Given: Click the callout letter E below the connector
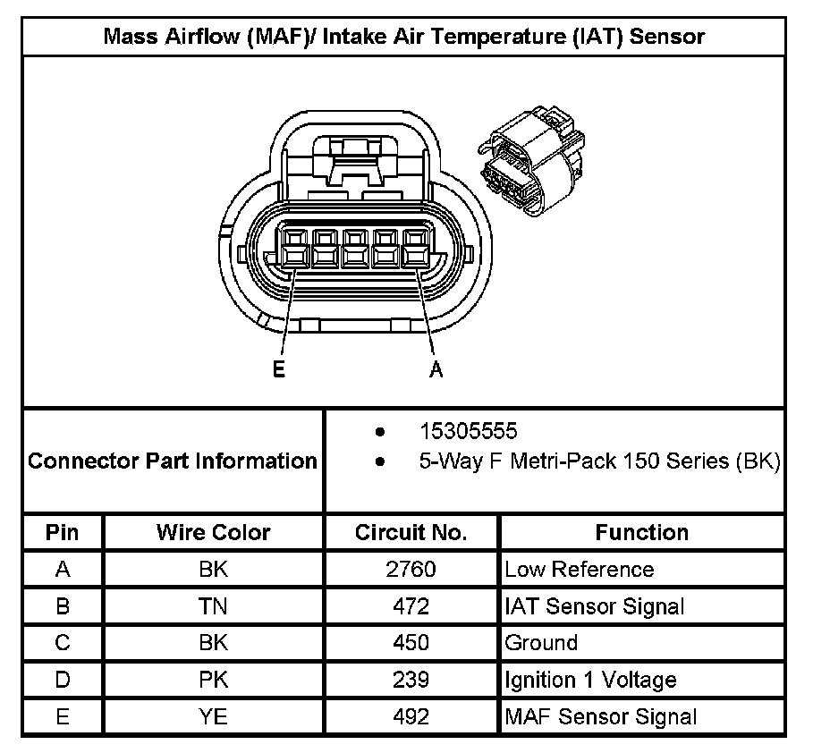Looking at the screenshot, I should click(279, 369).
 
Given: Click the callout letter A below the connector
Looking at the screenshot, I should click(436, 369).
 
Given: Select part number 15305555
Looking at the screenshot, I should click(469, 432).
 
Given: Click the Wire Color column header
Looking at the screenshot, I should click(213, 533).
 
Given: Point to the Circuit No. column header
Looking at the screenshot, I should click(411, 533).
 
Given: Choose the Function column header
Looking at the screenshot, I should click(641, 533).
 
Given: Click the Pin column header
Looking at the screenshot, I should click(63, 533).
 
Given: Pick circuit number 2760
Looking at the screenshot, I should click(411, 570).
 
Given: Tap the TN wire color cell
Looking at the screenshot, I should click(213, 606).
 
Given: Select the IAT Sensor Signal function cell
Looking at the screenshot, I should click(595, 606).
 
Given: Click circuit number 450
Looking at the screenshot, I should click(411, 643).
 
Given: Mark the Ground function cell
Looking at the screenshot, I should click(541, 643).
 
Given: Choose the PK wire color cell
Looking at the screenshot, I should click(213, 680).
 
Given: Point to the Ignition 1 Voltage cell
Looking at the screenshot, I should click(590, 680).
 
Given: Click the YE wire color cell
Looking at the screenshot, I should click(213, 716).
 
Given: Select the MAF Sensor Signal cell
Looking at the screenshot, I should click(600, 716).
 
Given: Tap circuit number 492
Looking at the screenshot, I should click(411, 716).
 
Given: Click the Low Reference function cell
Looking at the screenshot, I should click(579, 570).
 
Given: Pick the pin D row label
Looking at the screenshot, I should click(63, 680).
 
